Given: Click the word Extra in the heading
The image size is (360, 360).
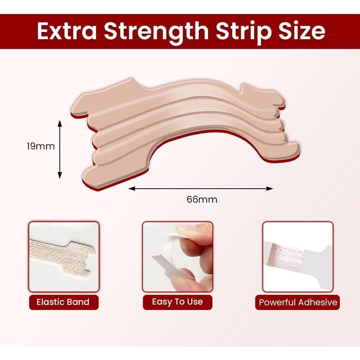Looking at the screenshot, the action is tap(67, 31).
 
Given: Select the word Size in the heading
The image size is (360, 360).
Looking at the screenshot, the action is tap(302, 31).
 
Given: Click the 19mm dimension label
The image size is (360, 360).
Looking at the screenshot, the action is tap(41, 146).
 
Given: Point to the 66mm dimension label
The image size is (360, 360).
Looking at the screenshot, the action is tap(202, 199).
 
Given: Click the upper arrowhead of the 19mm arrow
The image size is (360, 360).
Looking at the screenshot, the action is tap(60, 123).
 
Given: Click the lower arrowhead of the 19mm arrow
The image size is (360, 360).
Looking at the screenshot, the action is tap(60, 175).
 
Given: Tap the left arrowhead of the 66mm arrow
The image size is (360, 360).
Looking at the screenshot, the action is tap(131, 189).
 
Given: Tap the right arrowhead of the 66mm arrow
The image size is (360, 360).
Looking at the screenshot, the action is tap(270, 189).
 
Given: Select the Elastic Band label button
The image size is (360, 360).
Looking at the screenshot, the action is tap(64, 302).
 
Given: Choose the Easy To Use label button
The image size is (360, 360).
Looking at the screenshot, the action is tap(177, 302).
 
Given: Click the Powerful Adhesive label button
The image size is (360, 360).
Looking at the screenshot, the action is tap(298, 302).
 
